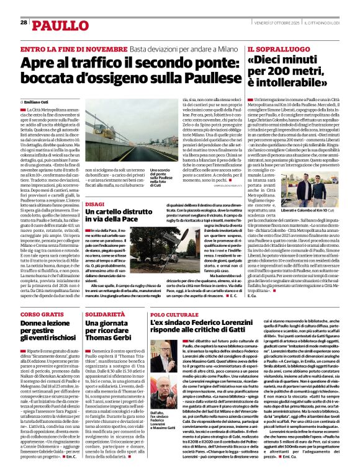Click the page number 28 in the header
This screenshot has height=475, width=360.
click(24, 22)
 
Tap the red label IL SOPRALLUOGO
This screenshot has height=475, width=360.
click(273, 48)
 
